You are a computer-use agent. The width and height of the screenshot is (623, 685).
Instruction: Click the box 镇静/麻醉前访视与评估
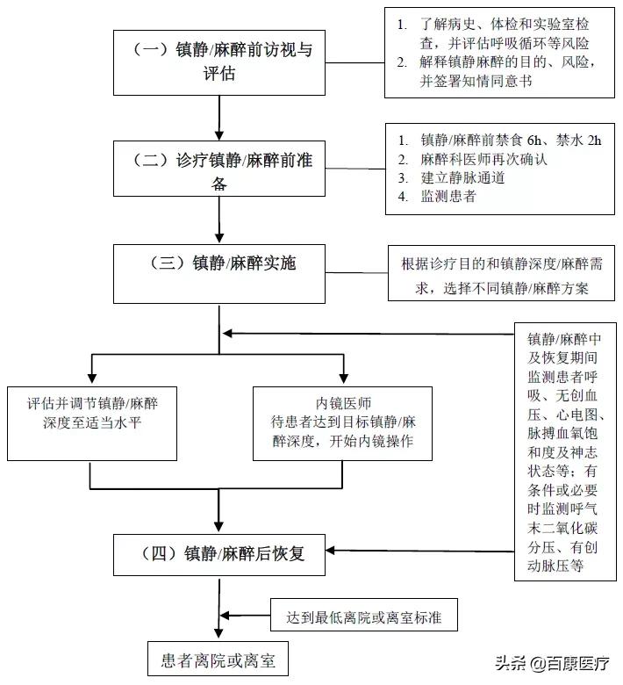(x=219, y=61)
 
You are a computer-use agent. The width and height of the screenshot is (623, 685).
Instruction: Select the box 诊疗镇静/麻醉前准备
(x=219, y=171)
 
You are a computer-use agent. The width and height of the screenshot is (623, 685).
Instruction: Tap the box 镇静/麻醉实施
(x=219, y=272)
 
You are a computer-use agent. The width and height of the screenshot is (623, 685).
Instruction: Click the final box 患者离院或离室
(x=218, y=659)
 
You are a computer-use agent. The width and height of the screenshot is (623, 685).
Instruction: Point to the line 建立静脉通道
(x=463, y=177)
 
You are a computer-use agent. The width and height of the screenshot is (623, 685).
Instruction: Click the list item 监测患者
(x=448, y=196)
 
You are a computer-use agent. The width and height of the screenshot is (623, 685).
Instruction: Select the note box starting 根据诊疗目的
(x=500, y=275)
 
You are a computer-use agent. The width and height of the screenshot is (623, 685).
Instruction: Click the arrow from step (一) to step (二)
(x=219, y=112)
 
